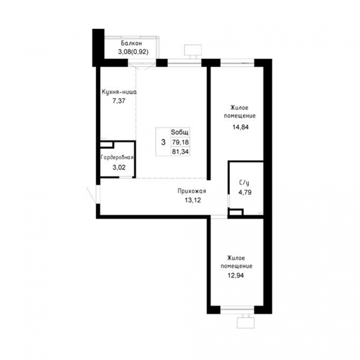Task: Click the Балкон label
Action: (x=131, y=43)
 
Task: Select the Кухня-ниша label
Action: (x=119, y=92)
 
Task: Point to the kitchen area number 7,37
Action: (x=119, y=101)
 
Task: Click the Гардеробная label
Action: (x=117, y=157)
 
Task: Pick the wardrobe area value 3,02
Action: (x=119, y=167)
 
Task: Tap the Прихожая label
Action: (x=192, y=191)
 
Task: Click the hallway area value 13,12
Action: (x=193, y=200)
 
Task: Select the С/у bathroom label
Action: (x=244, y=183)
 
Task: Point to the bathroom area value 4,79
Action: (x=245, y=192)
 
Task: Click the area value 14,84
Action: (x=240, y=127)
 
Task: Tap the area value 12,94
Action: (x=236, y=275)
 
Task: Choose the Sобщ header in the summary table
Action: (x=180, y=132)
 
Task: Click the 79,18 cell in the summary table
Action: (x=180, y=142)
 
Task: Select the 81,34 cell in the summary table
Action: (x=180, y=151)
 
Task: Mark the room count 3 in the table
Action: (x=163, y=142)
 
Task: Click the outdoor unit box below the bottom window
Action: (x=246, y=323)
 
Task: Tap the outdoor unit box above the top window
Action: (x=193, y=50)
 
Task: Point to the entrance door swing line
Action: (x=91, y=195)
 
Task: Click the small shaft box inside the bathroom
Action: (x=236, y=212)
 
